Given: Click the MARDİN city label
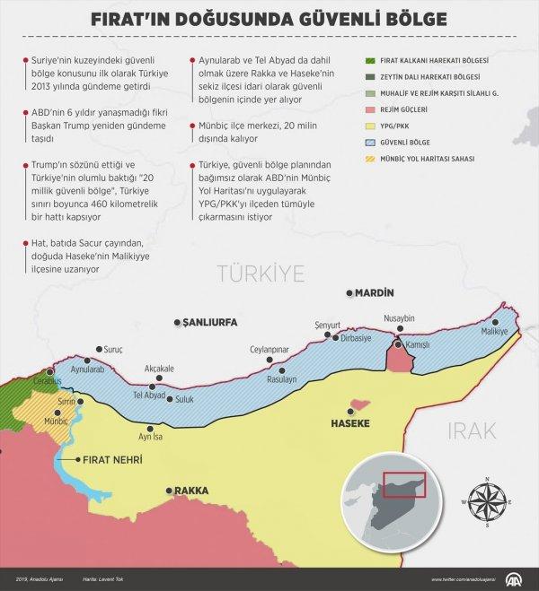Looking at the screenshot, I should (376, 293).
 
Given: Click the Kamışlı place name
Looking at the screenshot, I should (416, 344).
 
